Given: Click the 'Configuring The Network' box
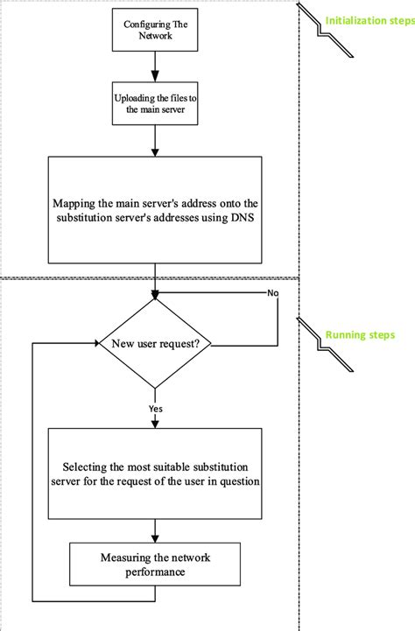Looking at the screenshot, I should click(x=154, y=32).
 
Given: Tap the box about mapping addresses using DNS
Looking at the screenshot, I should click(x=154, y=209).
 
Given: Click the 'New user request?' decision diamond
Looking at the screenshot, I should click(x=154, y=344).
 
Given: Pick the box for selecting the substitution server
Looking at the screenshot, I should click(x=154, y=473).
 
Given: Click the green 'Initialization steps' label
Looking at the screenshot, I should click(x=369, y=20).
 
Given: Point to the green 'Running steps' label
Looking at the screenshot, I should click(x=359, y=334).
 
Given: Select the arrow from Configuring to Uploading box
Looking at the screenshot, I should click(x=154, y=65).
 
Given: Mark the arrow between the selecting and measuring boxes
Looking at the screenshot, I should click(x=154, y=529).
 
